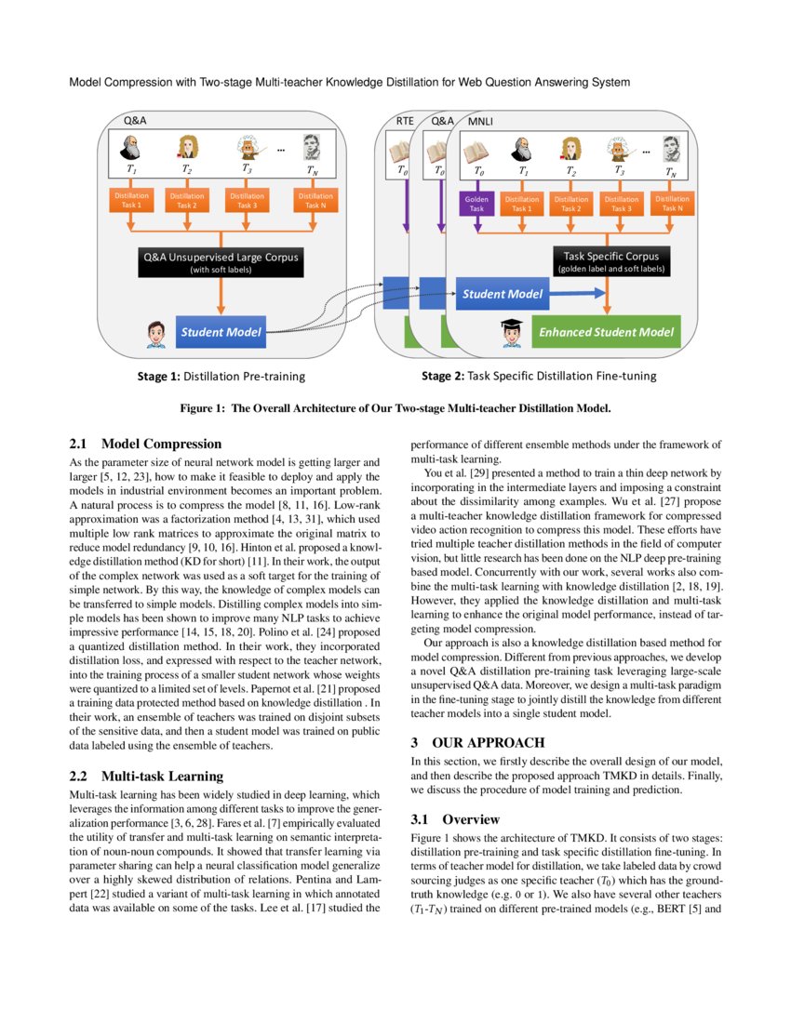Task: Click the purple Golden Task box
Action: [477, 203]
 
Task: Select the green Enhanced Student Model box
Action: [607, 331]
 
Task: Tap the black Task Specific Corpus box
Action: [610, 261]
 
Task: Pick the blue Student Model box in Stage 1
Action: [221, 332]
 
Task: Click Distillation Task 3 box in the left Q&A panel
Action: [248, 201]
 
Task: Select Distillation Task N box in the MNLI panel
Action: [672, 203]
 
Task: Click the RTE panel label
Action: [405, 121]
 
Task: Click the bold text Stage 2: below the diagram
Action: [442, 377]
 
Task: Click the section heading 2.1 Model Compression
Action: [146, 444]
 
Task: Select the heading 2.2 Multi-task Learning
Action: [147, 776]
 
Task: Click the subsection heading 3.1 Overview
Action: [456, 819]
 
